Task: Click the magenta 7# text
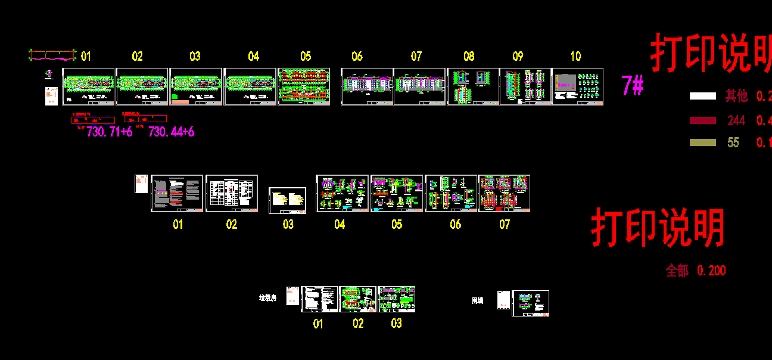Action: (x=632, y=86)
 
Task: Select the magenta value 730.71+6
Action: (x=110, y=132)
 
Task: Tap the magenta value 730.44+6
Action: (x=171, y=132)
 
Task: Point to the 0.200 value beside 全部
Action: (x=711, y=271)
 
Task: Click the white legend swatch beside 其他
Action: (x=702, y=96)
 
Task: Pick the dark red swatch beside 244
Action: (x=702, y=120)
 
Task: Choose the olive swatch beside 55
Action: (x=702, y=142)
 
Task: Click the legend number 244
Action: (x=736, y=120)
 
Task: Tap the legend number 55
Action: (x=733, y=142)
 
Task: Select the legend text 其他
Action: (x=736, y=96)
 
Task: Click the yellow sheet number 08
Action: (x=469, y=56)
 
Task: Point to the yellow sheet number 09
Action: (x=518, y=56)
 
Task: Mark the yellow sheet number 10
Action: (x=575, y=56)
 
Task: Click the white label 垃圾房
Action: (x=267, y=297)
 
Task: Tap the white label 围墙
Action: (x=477, y=301)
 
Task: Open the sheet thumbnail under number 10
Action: (x=578, y=86)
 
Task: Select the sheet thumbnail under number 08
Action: (x=472, y=86)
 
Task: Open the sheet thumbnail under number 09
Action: (x=525, y=86)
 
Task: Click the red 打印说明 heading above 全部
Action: (x=658, y=228)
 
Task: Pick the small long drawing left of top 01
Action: (x=52, y=55)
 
